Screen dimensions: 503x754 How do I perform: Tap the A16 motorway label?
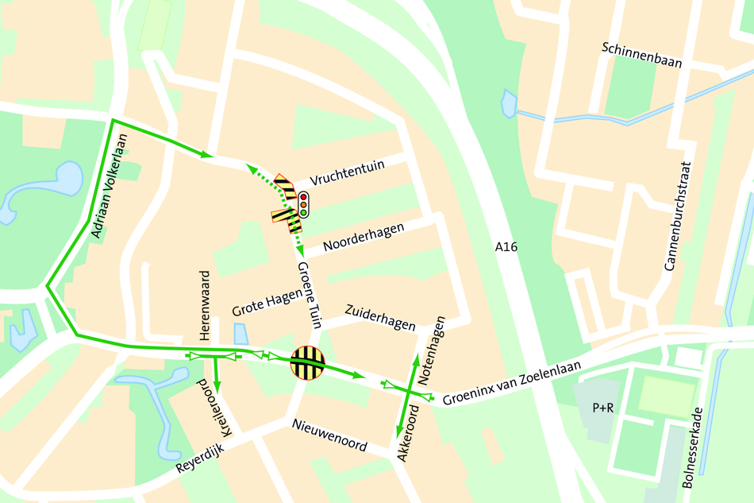[x=506, y=247]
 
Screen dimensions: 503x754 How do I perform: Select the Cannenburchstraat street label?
[x=679, y=216]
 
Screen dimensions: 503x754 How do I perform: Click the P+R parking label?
[x=603, y=408]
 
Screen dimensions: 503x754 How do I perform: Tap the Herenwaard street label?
[x=205, y=305]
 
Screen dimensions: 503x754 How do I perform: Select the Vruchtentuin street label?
[x=348, y=169]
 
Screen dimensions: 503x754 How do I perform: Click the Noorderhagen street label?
[x=364, y=237]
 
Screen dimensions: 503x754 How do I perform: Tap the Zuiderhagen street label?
[x=380, y=318]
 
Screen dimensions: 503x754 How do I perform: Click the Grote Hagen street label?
[x=267, y=302]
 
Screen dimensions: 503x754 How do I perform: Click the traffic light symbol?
[x=303, y=205]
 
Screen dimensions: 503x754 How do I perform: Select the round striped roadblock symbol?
[x=307, y=363]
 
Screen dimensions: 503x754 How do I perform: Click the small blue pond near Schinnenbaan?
[x=508, y=103]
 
